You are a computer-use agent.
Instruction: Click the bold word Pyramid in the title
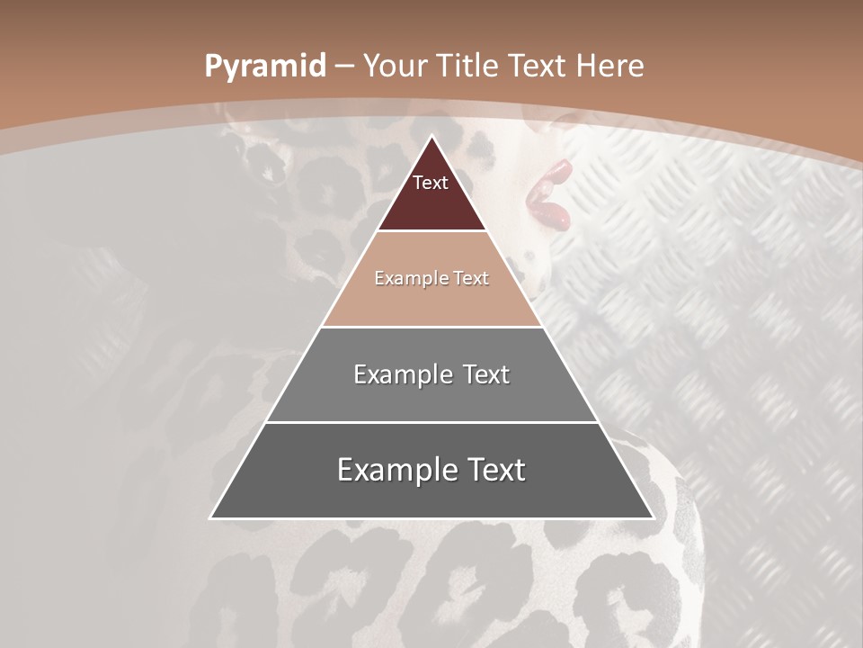pos(265,67)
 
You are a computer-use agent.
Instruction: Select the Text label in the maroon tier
pos(431,183)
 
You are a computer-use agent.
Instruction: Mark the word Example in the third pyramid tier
pos(402,374)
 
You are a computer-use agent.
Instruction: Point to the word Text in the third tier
pos(486,374)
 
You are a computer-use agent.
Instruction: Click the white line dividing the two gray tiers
pos(431,422)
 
